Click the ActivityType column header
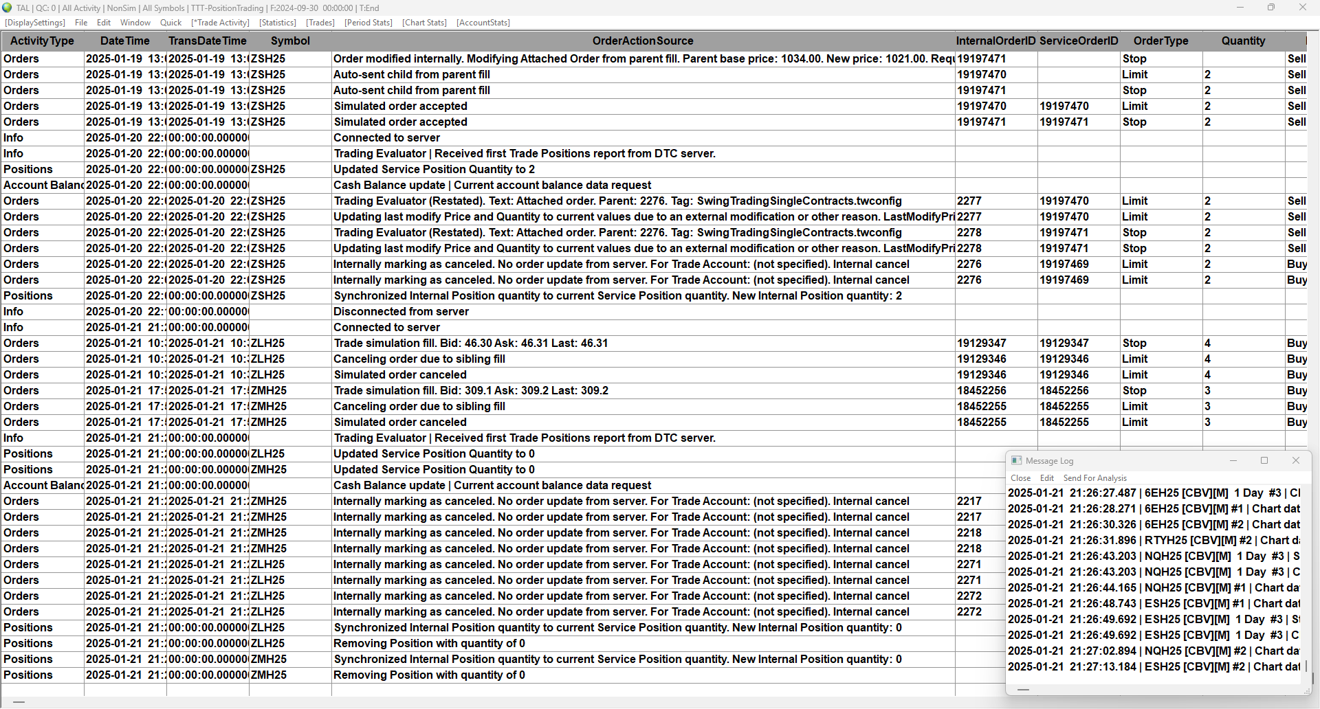click(42, 41)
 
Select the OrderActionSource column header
click(642, 41)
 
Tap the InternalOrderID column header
click(995, 41)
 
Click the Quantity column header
click(1243, 41)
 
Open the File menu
click(81, 23)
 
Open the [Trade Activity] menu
click(220, 23)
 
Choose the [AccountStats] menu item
click(483, 23)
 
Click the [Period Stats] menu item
click(368, 23)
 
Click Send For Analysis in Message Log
click(1094, 478)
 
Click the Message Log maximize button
click(1264, 461)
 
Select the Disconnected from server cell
click(401, 312)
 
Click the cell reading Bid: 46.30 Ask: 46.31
click(470, 344)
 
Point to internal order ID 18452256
click(981, 391)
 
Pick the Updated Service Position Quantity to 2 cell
click(434, 170)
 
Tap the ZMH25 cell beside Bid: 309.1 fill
click(268, 391)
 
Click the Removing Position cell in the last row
click(429, 675)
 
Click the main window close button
click(1302, 8)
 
